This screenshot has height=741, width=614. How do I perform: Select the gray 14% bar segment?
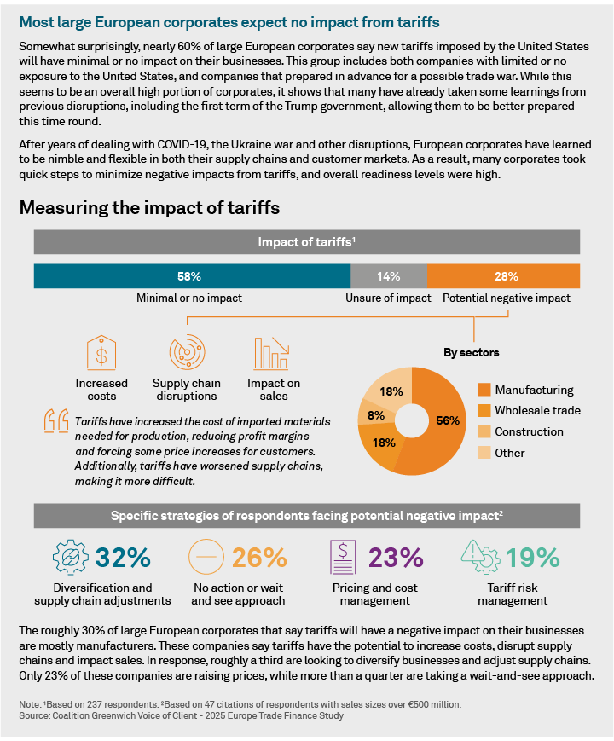388,276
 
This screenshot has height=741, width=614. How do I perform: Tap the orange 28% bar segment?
503,276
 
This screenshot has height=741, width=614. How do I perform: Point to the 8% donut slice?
374,417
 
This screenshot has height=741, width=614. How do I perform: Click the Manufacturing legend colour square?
484,391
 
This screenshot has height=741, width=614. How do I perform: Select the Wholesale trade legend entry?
537,411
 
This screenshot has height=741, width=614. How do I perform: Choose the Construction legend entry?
529,431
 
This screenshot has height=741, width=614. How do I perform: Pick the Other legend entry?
510,453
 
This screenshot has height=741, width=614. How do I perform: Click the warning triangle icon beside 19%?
481,557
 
